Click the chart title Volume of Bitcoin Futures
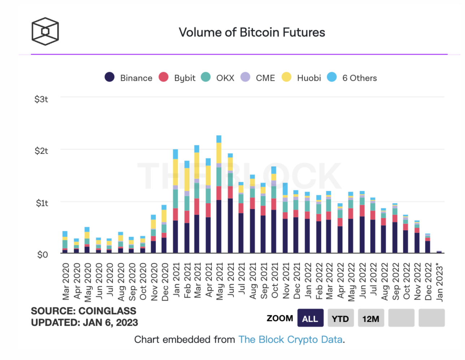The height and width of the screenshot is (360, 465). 252,32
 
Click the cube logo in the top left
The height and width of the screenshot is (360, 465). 45,31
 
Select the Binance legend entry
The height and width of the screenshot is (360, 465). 128,78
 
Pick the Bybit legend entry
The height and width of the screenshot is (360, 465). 177,78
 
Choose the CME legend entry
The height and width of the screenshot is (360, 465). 258,78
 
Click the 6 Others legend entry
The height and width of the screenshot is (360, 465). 352,78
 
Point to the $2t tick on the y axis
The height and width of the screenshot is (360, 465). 41,151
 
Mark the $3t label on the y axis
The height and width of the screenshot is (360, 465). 41,99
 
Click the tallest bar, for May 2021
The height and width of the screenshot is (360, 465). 219,195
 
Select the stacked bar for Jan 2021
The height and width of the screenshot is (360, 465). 175,202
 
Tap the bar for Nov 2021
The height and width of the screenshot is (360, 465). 285,218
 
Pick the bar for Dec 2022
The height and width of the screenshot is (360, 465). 428,243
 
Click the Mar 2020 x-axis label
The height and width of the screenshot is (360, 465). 66,282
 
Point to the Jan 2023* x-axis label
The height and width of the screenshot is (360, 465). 439,283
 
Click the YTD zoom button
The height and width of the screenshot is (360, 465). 340,318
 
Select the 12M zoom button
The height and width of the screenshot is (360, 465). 371,318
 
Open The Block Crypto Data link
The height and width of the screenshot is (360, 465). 290,339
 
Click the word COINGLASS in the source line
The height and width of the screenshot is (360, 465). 107,311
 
